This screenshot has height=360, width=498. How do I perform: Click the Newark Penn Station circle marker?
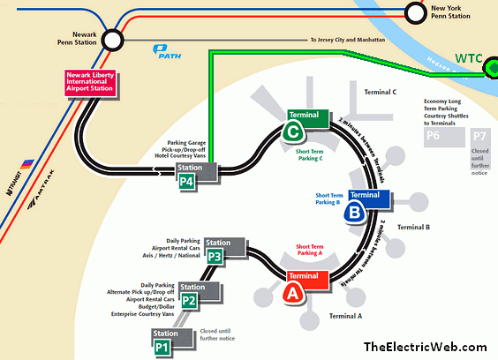tap(113, 40)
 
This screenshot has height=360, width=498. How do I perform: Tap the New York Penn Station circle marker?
tap(416, 12)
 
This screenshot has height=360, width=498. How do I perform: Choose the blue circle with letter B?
tap(355, 211)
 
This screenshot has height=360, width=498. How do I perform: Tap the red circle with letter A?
tap(290, 295)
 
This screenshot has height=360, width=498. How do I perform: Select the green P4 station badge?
tap(186, 182)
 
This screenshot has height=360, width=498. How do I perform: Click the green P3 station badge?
tap(215, 256)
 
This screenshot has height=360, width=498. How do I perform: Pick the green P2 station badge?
tap(189, 300)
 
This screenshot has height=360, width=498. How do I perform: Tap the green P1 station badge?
tap(162, 346)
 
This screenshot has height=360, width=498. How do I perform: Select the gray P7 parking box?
tap(479, 136)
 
